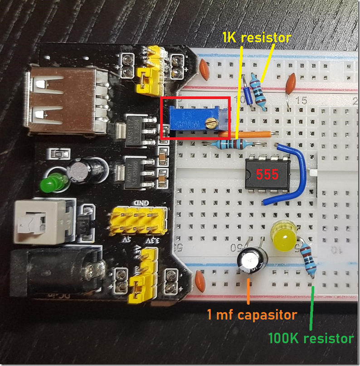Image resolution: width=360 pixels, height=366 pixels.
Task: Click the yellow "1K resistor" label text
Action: point(256,38)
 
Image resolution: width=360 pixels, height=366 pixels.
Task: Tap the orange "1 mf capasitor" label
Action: point(252,314)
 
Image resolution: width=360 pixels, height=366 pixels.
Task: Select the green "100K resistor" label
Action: point(310,338)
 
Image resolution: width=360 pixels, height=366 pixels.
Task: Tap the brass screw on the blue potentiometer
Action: point(210,122)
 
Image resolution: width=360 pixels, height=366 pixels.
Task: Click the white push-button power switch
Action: point(33,221)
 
